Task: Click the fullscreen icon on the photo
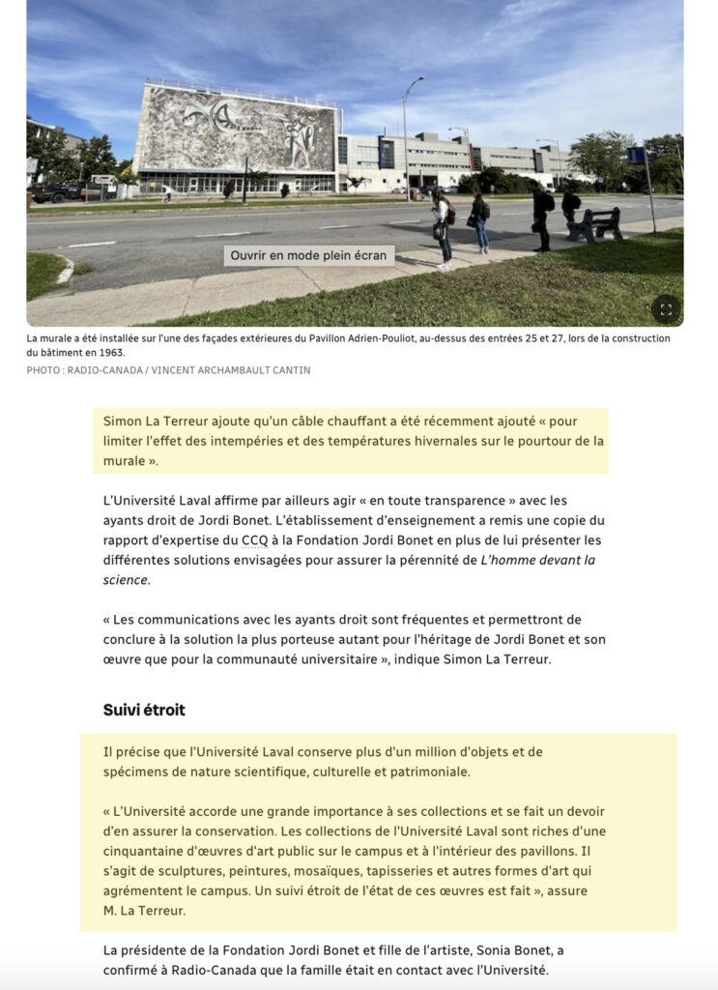tap(665, 309)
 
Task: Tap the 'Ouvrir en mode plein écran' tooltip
tap(309, 256)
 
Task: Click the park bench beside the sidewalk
tap(595, 224)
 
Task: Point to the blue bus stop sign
tap(636, 156)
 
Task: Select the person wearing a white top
tap(442, 227)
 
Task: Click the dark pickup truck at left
tap(53, 192)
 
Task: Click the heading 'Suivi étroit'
tap(144, 710)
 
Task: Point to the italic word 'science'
tap(127, 580)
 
